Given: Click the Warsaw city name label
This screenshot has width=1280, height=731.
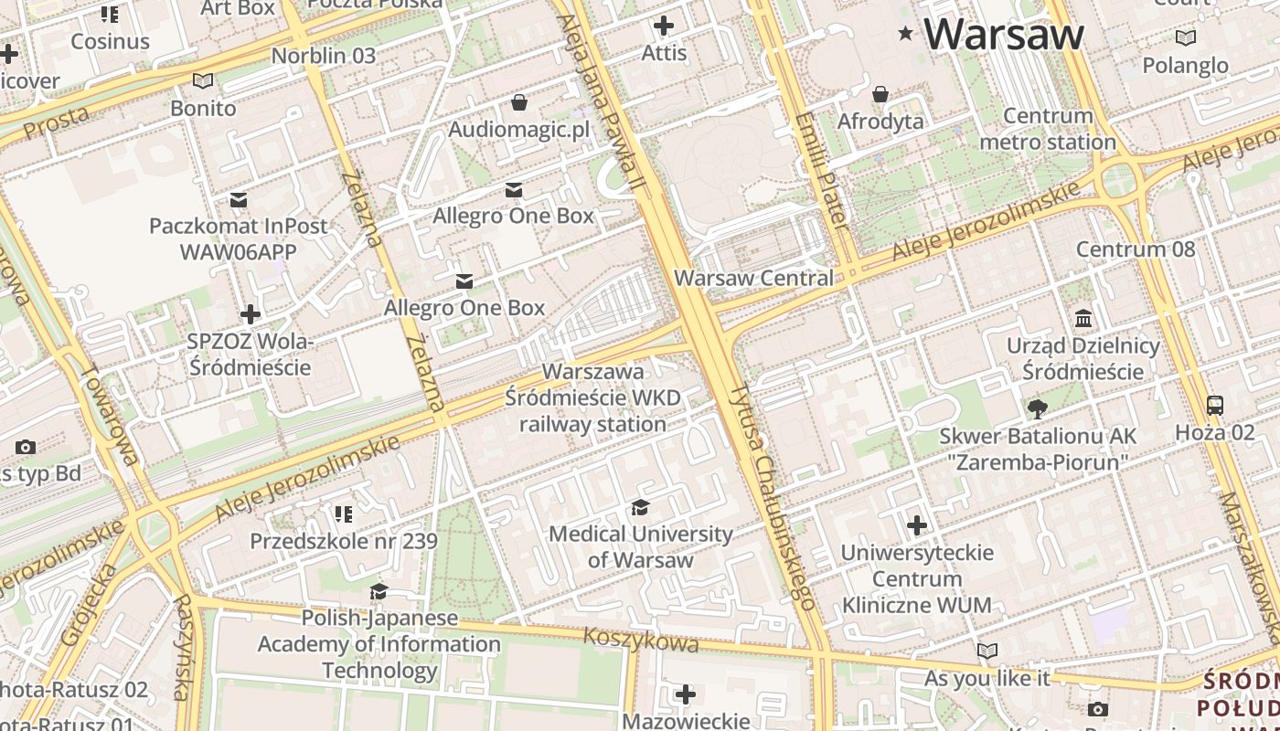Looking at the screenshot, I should click(x=1003, y=35).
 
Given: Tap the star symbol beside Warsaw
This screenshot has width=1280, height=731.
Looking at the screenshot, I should click(x=906, y=34).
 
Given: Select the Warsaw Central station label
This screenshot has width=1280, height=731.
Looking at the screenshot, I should click(x=753, y=278).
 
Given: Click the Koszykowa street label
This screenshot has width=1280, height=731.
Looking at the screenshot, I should click(x=641, y=640).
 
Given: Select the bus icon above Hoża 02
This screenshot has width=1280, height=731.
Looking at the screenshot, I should click(x=1215, y=406).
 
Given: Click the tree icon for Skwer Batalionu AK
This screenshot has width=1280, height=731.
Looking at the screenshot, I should click(x=1037, y=408).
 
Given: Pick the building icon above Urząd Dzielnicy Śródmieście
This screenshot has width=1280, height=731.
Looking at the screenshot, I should click(x=1083, y=319).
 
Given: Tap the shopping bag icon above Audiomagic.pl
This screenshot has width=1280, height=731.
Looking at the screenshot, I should click(x=519, y=102).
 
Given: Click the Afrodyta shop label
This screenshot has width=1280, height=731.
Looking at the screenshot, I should click(x=880, y=122).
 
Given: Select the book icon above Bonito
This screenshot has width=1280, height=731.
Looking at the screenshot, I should click(x=203, y=80).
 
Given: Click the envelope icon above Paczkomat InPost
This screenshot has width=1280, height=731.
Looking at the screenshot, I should click(x=239, y=199).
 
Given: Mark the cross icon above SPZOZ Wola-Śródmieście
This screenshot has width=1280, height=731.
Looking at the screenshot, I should click(x=250, y=314).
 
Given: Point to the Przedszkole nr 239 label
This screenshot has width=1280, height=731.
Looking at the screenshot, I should click(x=344, y=541).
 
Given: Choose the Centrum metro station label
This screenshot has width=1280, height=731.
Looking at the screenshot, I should click(x=1048, y=129).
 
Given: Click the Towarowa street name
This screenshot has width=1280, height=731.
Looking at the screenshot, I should click(x=109, y=416).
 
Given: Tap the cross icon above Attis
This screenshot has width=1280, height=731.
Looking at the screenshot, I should click(x=664, y=26).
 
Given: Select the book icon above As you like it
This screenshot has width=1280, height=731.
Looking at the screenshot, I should click(x=987, y=651).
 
